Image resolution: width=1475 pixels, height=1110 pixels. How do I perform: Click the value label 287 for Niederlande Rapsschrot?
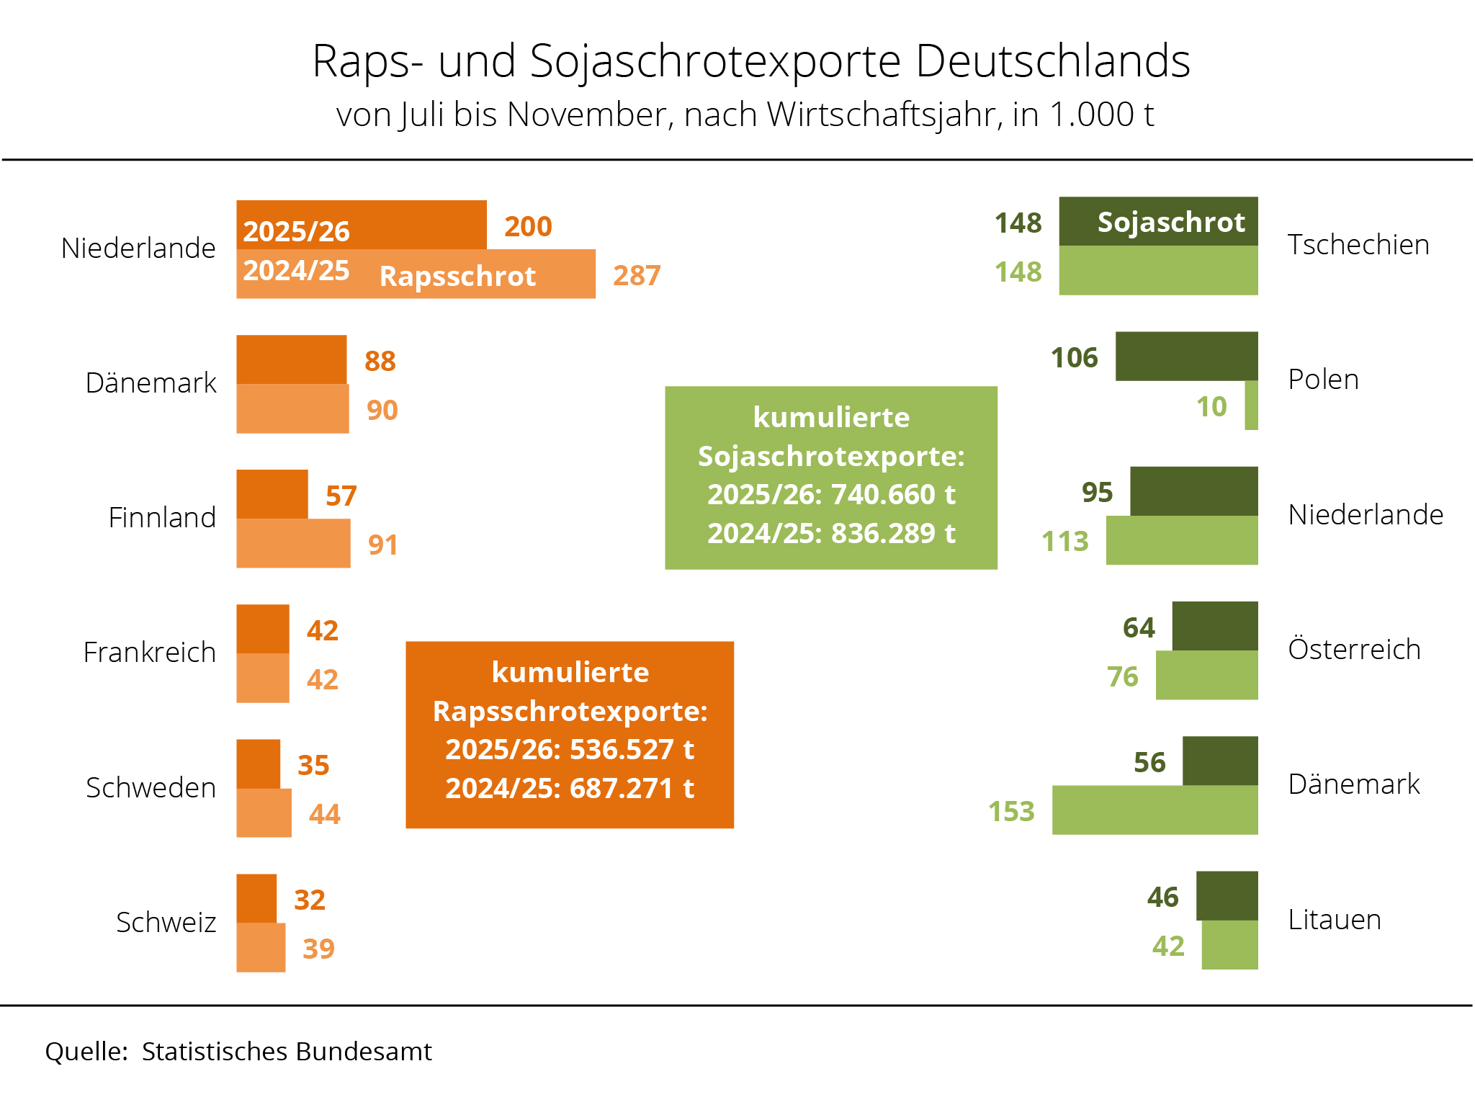point(637,275)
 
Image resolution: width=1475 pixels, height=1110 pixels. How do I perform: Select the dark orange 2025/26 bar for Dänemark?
point(291,359)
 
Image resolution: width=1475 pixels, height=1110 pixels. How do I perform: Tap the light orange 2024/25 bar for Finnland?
point(293,544)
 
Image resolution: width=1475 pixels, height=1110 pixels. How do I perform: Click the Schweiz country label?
point(166,922)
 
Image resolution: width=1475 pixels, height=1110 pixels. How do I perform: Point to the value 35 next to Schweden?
point(313,765)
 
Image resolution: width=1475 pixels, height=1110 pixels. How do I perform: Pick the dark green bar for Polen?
point(1186,356)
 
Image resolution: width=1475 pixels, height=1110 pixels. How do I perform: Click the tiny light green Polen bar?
point(1251,406)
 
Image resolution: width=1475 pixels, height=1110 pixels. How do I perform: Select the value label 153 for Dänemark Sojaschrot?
point(1011,811)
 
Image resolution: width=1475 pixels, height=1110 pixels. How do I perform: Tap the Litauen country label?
point(1334,920)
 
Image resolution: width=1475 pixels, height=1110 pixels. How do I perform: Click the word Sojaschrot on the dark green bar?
point(1171,222)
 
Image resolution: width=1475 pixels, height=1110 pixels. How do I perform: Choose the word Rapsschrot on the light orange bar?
point(457,276)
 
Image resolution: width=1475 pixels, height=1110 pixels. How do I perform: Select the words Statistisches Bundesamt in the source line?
point(287,1052)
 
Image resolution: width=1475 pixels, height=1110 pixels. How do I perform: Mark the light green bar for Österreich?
point(1206,676)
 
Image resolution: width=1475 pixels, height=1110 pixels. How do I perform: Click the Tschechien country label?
point(1358,245)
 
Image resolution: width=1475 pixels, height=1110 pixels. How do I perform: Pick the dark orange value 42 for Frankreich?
point(322,630)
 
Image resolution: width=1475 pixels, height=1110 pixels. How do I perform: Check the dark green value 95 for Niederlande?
point(1097,492)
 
